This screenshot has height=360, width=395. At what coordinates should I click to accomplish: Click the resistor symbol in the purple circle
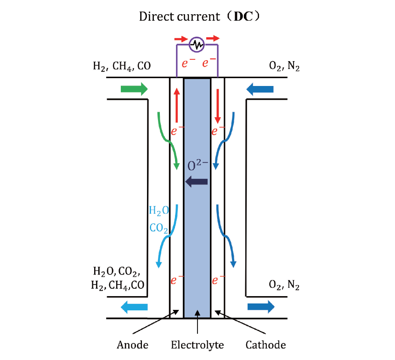click(197, 45)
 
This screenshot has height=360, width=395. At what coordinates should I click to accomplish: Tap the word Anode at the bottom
click(132, 345)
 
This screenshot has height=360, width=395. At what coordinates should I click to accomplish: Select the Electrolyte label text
click(197, 345)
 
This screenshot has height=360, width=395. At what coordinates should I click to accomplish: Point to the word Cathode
click(266, 345)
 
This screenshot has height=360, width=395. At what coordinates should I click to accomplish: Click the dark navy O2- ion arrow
click(197, 182)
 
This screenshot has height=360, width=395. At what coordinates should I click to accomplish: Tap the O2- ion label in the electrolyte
click(198, 165)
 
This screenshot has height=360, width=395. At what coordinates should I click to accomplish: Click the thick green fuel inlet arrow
click(134, 89)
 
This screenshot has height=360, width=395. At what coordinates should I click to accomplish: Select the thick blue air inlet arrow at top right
click(260, 89)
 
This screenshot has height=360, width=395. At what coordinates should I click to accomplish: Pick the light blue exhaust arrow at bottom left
click(134, 307)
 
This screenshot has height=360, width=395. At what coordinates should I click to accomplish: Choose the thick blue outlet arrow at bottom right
click(261, 307)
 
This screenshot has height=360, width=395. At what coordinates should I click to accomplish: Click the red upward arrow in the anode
click(177, 105)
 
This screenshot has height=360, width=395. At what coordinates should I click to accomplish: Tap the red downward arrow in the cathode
click(218, 106)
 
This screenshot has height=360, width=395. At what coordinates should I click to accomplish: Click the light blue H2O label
click(159, 211)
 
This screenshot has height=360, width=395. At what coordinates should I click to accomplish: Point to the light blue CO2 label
click(159, 228)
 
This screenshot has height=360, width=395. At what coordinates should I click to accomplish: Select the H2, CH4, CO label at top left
click(122, 66)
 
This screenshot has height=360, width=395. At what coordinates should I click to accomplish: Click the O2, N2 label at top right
click(284, 66)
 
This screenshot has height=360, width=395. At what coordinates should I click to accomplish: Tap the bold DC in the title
click(243, 17)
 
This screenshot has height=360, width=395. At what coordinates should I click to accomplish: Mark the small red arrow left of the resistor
click(181, 39)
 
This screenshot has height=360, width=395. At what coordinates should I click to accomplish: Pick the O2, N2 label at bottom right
click(284, 285)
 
